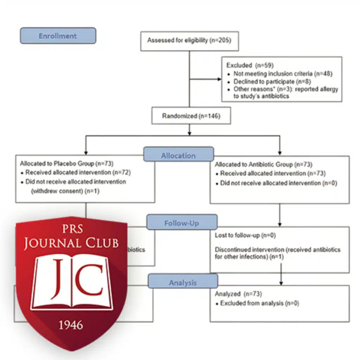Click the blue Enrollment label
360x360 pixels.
click(58, 36)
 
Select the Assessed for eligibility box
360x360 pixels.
click(189, 41)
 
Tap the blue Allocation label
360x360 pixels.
click(178, 155)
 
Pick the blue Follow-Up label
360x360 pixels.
click(182, 223)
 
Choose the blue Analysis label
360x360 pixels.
click(183, 282)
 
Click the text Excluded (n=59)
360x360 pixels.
click(249, 65)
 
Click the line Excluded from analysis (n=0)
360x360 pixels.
click(259, 303)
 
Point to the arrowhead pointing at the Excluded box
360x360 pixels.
click(219, 79)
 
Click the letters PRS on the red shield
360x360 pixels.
click(71, 230)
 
